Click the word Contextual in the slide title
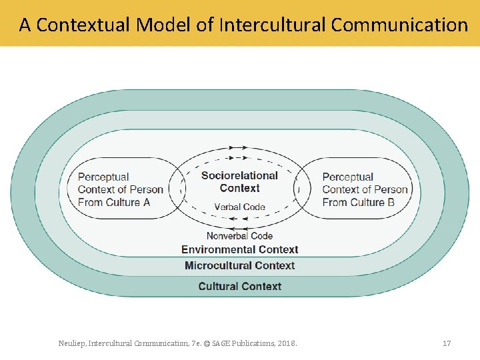[83, 25]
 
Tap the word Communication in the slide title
[399, 25]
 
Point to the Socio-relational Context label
[239, 181]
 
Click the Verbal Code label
[239, 207]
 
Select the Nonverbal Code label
[239, 236]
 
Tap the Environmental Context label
[239, 249]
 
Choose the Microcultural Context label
[239, 265]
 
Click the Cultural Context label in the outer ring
[239, 287]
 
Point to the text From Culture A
[114, 202]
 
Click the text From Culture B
[358, 202]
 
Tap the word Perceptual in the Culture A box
[103, 177]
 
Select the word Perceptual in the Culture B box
[347, 177]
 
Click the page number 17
[447, 343]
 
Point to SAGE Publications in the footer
[257, 343]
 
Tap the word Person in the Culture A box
[147, 190]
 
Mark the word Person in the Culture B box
[391, 190]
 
